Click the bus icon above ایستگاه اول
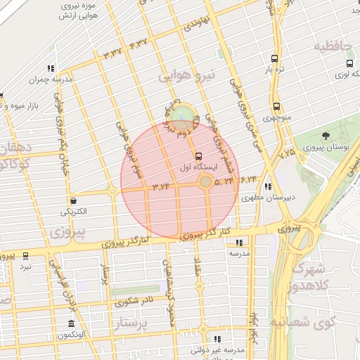pos(198,156)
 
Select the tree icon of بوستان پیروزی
pos(325,136)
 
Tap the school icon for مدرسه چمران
pos(51,69)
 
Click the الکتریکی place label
pos(74,211)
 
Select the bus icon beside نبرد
pos(25,256)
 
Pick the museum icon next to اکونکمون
pos(71,323)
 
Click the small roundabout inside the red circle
pos(205,183)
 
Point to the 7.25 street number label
pos(287,150)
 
